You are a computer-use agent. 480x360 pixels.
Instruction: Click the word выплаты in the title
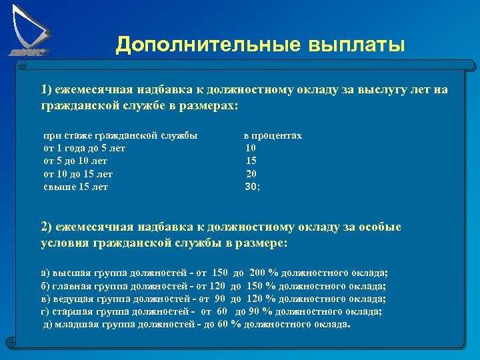pyautogui.click(x=356, y=45)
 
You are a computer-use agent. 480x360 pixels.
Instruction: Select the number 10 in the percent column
pyautogui.click(x=251, y=148)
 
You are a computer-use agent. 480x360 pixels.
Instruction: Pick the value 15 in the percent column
pyautogui.click(x=251, y=161)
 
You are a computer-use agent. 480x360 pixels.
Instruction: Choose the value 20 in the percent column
pyautogui.click(x=251, y=174)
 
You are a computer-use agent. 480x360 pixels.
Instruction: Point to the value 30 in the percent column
pyautogui.click(x=251, y=187)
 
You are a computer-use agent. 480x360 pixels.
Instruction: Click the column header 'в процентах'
pyautogui.click(x=273, y=135)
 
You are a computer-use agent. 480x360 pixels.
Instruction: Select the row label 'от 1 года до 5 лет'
pyautogui.click(x=84, y=148)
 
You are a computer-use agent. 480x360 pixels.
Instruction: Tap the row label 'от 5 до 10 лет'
pyautogui.click(x=75, y=161)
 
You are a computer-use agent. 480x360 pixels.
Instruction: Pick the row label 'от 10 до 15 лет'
pyautogui.click(x=78, y=174)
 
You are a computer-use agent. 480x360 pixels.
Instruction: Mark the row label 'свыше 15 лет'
pyautogui.click(x=75, y=187)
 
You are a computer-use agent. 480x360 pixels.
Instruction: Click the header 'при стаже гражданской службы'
pyautogui.click(x=120, y=135)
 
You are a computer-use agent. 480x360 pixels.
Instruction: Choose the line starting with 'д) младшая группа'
pyautogui.click(x=196, y=325)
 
